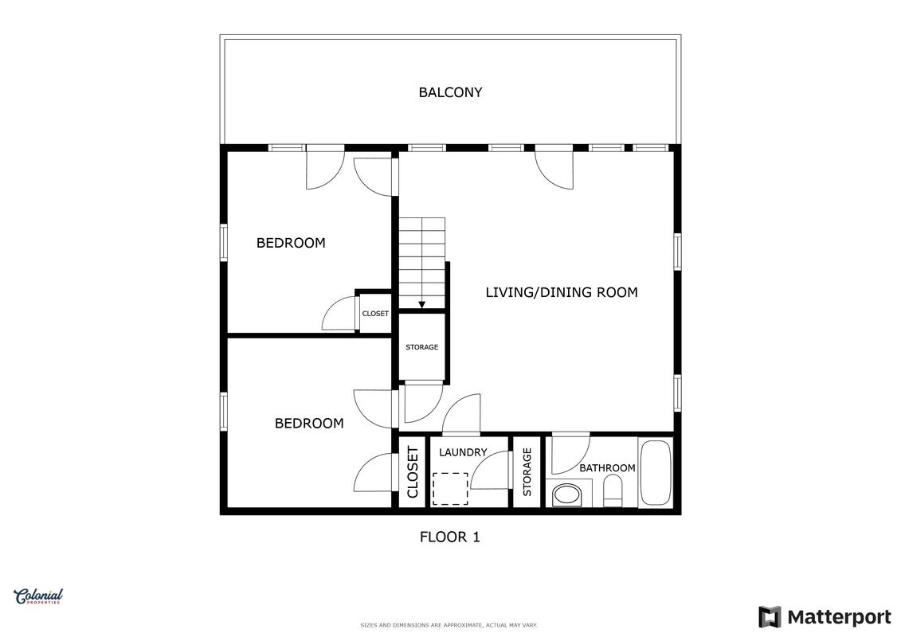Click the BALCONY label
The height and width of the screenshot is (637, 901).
[x=450, y=92]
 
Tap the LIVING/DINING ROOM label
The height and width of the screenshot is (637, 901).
[x=562, y=292]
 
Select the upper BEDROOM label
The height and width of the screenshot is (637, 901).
[x=291, y=243]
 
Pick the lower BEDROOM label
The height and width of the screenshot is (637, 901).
[x=309, y=424]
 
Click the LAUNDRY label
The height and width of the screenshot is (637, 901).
[x=463, y=452]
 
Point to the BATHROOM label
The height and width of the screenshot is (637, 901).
[x=607, y=468]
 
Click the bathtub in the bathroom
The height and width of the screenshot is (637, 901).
[x=655, y=473]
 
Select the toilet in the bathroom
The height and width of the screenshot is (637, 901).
[x=613, y=494]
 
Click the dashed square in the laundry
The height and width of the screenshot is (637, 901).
[x=450, y=489]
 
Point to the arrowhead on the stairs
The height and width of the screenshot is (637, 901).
[x=421, y=305]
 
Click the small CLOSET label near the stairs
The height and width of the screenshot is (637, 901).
[x=375, y=314]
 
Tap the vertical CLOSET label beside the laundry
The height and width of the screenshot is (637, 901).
[x=413, y=472]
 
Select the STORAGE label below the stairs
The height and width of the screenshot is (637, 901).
[x=421, y=347]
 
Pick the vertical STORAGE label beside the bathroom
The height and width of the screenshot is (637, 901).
[x=527, y=472]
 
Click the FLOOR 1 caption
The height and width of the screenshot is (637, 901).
[x=450, y=537]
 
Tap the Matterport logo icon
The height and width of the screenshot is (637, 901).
[x=770, y=617]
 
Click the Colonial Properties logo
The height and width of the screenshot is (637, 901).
[x=38, y=596]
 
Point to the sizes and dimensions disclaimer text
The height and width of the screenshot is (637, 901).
[x=449, y=625]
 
